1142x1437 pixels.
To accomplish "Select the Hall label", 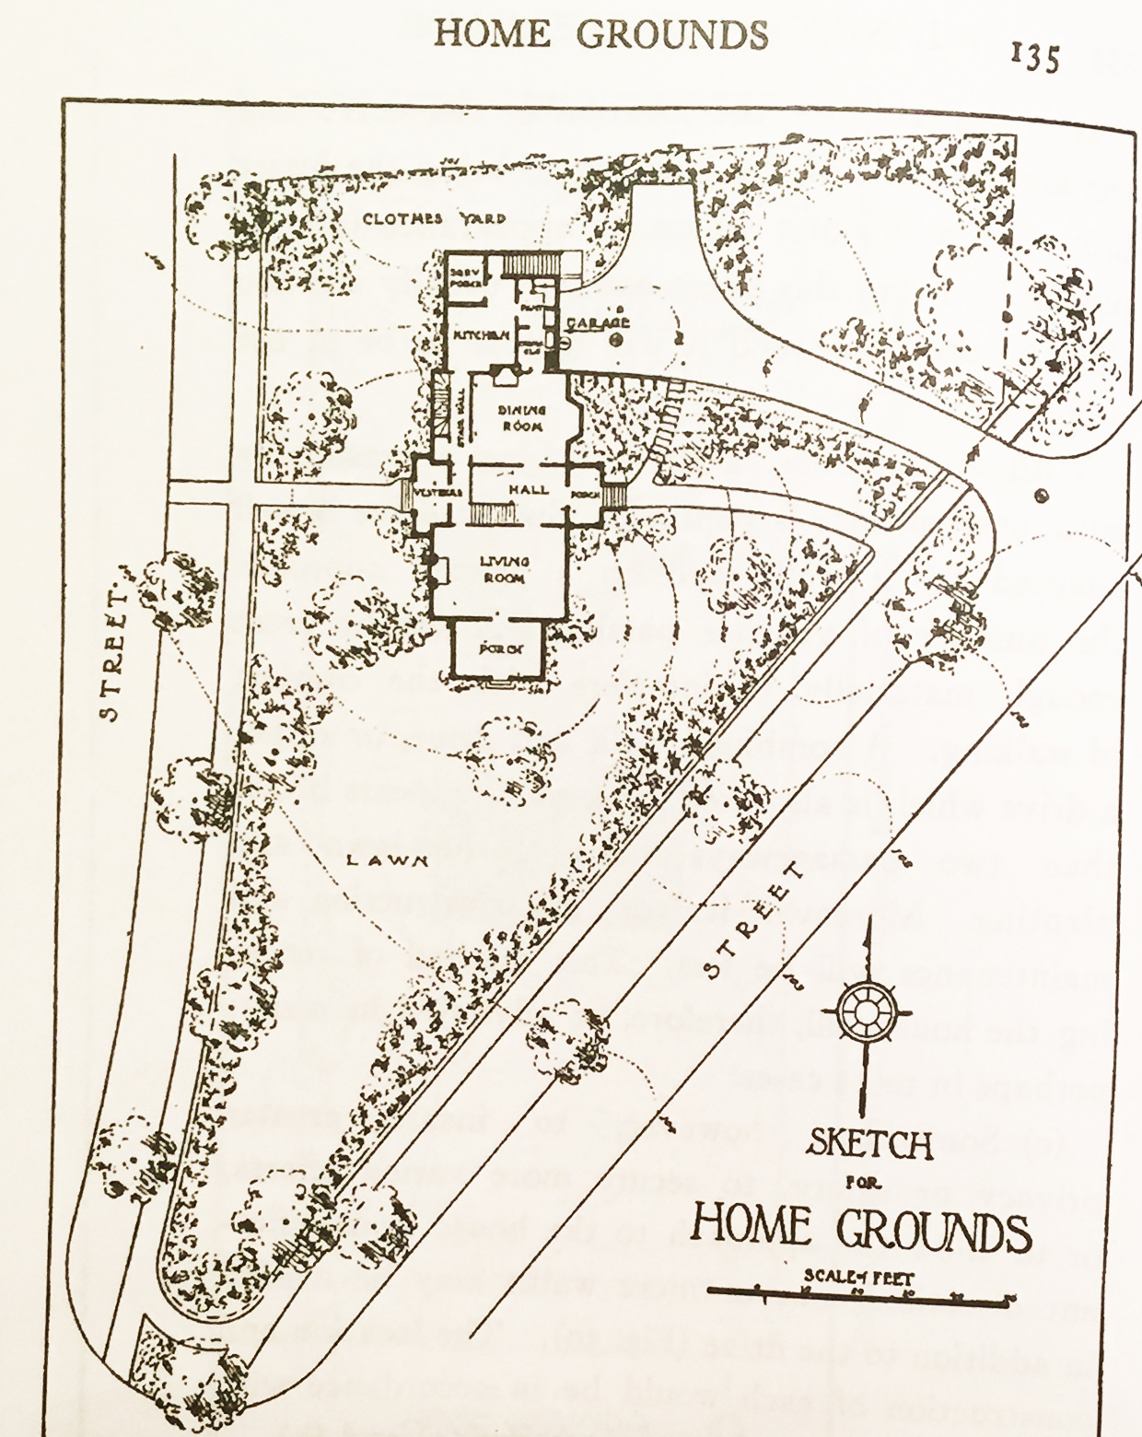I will pos(529,490).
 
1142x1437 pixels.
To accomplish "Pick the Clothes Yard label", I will pos(434,219).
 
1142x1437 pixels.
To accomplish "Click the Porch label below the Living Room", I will pos(500,647).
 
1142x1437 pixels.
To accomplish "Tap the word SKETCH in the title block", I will pos(870,1145).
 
